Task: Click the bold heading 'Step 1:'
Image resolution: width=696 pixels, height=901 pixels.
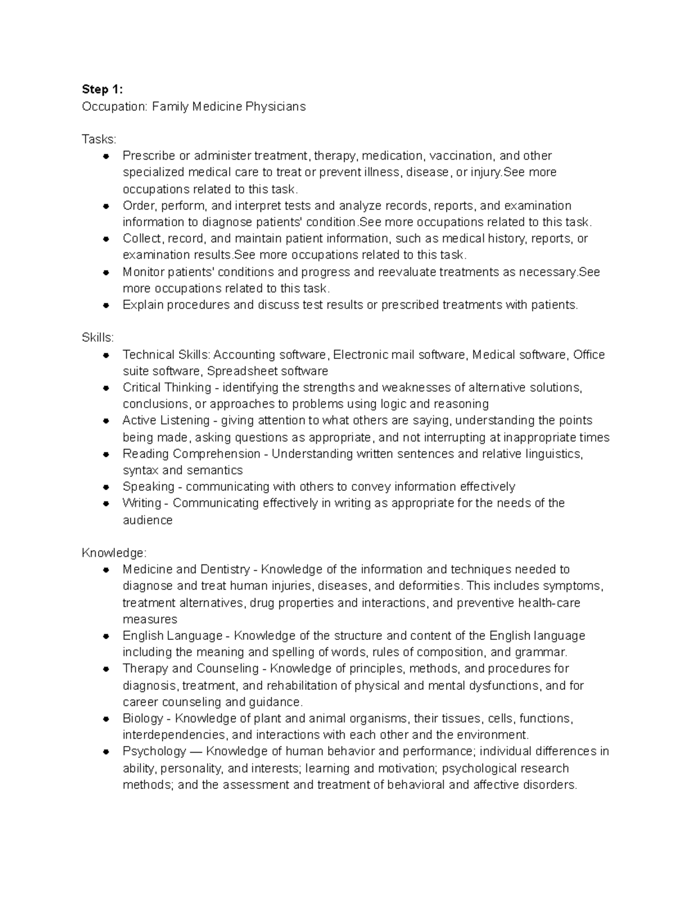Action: point(103,89)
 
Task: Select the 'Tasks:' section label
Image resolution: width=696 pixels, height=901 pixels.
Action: point(99,139)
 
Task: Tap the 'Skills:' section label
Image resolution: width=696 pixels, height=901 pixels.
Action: point(98,338)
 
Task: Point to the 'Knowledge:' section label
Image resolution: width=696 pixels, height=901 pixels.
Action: point(114,553)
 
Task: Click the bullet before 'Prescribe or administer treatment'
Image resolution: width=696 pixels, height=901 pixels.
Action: point(106,156)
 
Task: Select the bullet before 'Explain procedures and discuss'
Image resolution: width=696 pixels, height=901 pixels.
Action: point(106,305)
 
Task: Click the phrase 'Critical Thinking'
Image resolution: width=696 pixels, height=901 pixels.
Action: point(166,388)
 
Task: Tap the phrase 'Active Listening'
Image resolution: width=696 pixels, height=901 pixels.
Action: point(166,421)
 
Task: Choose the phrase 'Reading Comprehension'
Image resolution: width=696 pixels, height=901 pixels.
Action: point(191,454)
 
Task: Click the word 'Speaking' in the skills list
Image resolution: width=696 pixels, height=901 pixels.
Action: point(148,487)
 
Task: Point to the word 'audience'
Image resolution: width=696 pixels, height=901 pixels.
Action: point(147,520)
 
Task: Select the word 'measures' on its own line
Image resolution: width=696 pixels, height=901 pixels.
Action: point(150,620)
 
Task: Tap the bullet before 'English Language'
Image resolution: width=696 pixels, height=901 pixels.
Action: point(106,636)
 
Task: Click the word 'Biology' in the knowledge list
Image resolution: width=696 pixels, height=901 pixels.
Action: point(143,719)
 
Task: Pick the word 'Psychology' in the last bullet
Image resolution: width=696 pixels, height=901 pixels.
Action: point(154,752)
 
